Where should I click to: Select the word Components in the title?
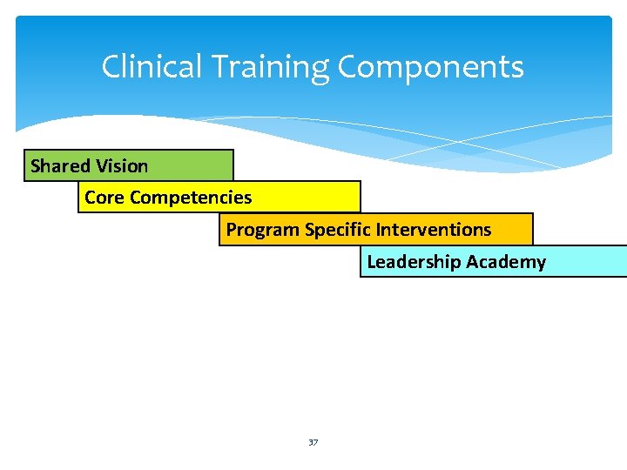[430, 67]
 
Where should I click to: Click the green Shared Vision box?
[129, 165]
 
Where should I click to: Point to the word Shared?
[61, 165]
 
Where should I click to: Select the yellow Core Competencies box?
[219, 198]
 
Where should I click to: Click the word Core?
[104, 198]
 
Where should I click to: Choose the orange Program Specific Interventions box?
[375, 230]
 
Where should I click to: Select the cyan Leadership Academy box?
[493, 261]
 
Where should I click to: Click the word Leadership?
[414, 262]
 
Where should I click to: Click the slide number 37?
[313, 443]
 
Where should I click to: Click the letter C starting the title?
[111, 67]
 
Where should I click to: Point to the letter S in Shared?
[36, 165]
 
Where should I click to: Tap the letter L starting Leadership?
[372, 262]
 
